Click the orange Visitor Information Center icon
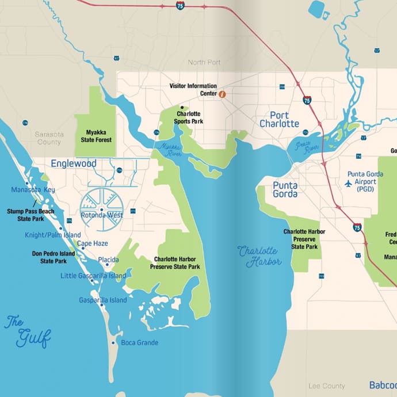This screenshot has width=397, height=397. coord(222,94)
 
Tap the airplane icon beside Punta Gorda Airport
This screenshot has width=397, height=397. coord(348,184)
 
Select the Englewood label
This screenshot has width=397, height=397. coord(74,163)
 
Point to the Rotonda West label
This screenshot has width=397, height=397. coord(102,216)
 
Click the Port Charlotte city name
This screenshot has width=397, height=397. coord(279,119)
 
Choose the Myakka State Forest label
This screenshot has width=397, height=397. coord(95,136)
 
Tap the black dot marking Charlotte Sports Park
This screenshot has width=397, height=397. coord(182,107)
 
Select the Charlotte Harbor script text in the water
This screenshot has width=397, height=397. coord(260,256)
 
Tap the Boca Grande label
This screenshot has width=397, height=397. coord(139,343)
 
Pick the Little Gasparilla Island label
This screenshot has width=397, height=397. coord(93,276)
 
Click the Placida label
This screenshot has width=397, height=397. coord(108,260)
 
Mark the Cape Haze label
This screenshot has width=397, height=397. coord(93,243)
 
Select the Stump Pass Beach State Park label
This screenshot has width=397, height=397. coord(30,215)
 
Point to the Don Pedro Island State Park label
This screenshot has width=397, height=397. coord(54,257)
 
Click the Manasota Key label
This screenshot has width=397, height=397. coord(33,190)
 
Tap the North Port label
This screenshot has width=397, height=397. coord(204,62)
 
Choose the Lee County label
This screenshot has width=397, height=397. coord(327,386)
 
